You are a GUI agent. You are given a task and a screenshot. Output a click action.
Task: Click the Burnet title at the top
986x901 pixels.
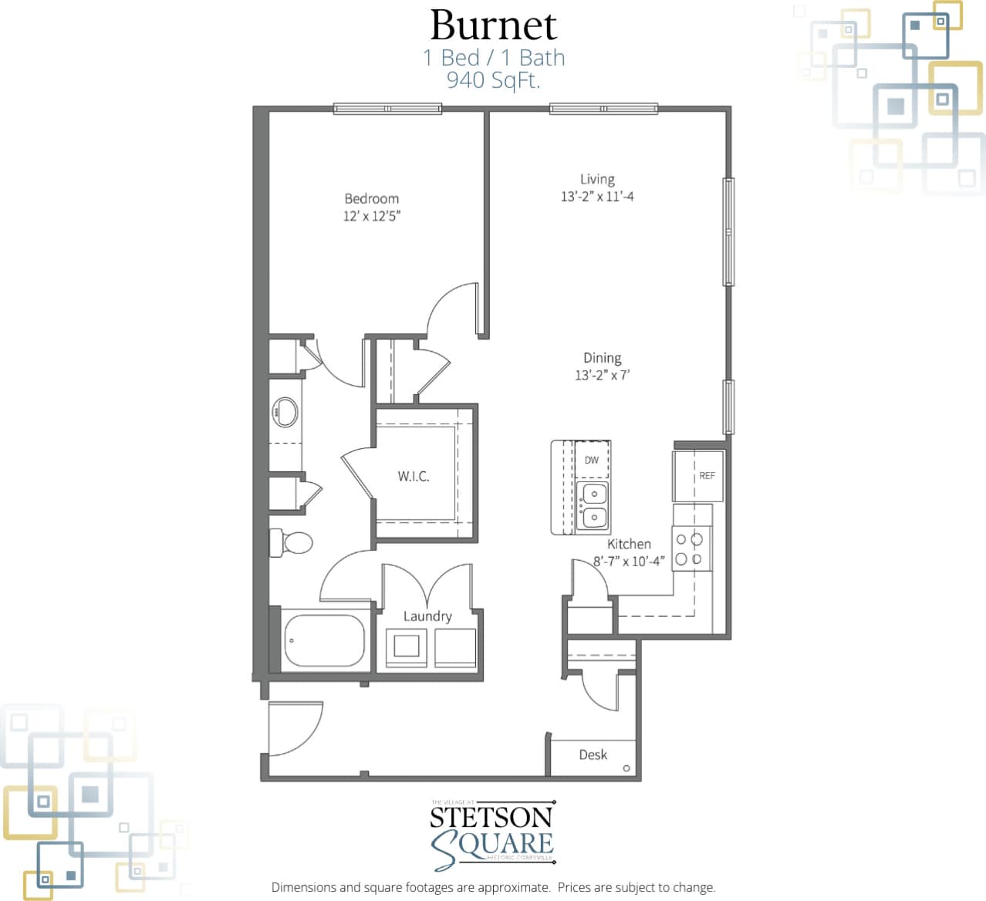493,25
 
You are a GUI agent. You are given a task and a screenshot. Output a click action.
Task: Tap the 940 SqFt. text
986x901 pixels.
493,79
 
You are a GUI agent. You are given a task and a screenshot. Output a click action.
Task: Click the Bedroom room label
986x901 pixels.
371,198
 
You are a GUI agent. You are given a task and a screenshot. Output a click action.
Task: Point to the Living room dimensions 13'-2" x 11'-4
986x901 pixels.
597,197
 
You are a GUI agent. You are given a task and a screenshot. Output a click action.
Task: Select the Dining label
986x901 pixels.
602,358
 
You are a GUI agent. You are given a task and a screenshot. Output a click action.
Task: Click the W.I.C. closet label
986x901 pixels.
414,477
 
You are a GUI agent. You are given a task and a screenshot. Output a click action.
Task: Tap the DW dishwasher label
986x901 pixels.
592,461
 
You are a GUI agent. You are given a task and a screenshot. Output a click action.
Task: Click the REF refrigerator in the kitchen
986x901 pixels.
699,476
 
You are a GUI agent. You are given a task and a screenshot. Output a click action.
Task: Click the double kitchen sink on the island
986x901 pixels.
593,505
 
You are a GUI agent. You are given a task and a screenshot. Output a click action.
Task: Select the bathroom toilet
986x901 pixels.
292,542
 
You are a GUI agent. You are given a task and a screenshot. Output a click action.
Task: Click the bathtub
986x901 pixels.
324,639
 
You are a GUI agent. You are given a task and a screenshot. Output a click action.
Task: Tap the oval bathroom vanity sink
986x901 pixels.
285,413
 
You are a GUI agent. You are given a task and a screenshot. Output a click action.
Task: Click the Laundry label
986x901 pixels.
427,616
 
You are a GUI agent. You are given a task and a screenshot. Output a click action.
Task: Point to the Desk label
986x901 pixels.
593,754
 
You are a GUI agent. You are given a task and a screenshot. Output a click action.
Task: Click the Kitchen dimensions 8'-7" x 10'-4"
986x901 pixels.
628,562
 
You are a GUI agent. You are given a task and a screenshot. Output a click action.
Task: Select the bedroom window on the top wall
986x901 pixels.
387,109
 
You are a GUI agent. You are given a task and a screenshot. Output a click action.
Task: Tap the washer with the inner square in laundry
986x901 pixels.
406,646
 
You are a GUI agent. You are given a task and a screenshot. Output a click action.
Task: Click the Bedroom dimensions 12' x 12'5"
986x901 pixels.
371,216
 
